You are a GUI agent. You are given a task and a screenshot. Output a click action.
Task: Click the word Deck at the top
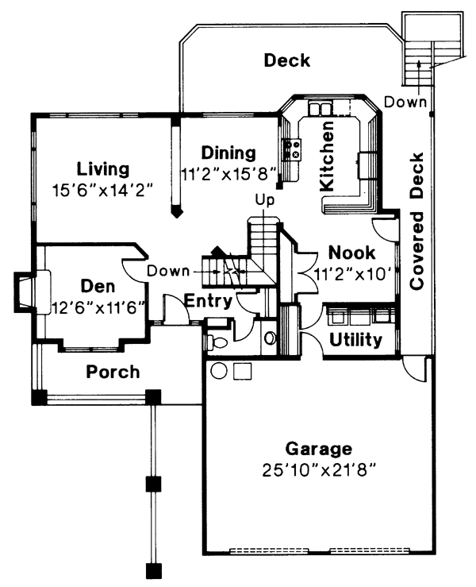(286, 60)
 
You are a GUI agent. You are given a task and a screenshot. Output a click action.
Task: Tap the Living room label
(103, 169)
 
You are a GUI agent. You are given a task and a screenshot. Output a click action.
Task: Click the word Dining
(228, 153)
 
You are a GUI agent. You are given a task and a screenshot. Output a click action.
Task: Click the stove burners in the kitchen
(291, 147)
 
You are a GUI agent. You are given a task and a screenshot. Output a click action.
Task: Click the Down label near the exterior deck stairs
(406, 102)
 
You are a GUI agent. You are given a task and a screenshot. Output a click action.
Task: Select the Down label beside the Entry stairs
(167, 271)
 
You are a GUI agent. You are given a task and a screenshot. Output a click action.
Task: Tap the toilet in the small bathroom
(215, 342)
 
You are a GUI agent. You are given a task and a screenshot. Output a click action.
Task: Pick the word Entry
(208, 301)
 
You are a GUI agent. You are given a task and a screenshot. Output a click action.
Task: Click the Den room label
(98, 286)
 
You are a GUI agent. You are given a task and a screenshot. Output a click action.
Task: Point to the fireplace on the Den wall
(26, 292)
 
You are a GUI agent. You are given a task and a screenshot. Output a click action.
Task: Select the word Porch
(113, 371)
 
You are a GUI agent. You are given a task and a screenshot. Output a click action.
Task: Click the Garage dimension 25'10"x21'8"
(320, 469)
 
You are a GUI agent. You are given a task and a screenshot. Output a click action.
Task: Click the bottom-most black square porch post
(153, 569)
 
